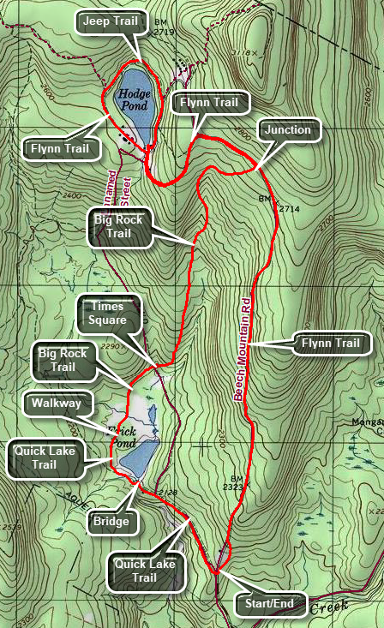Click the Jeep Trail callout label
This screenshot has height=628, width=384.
tap(111, 21)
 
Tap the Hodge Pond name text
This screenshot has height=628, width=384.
tap(135, 99)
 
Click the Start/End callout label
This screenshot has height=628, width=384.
tap(270, 604)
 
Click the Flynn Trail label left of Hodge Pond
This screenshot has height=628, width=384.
tap(60, 149)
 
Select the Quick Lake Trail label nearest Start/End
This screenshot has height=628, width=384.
tap(147, 571)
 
